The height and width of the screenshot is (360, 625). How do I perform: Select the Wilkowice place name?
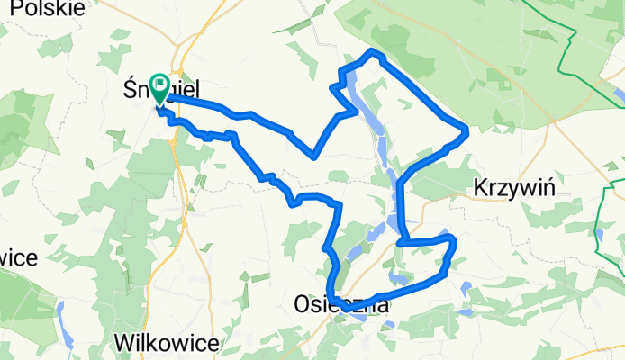click(x=168, y=342)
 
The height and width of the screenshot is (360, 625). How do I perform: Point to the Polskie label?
click(x=42, y=8)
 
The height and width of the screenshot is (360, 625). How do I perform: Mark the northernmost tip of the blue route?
click(x=373, y=52)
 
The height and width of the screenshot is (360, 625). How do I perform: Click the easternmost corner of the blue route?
click(x=467, y=133)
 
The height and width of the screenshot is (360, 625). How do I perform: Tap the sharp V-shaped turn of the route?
click(x=312, y=156)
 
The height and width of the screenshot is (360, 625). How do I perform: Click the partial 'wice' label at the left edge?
click(x=18, y=259)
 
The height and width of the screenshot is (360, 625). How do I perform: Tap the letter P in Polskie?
click(x=9, y=8)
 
